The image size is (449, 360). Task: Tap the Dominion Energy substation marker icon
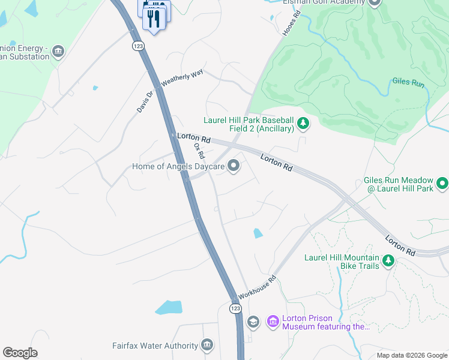(x=58, y=50)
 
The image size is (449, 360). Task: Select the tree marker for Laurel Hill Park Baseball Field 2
(x=304, y=124)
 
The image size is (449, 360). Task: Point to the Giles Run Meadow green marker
(x=443, y=183)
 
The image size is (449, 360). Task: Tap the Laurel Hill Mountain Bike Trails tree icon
(x=388, y=260)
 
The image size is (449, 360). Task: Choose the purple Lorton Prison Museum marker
(x=273, y=322)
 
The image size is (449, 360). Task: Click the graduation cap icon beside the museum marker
(x=253, y=322)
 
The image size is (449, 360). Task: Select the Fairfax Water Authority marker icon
(x=207, y=345)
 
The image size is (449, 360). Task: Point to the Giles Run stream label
(x=408, y=83)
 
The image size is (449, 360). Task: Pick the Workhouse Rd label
(x=256, y=287)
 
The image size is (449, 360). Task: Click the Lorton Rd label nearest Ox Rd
(x=194, y=138)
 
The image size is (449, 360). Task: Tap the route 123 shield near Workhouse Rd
(x=235, y=308)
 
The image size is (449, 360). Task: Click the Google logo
(x=20, y=352)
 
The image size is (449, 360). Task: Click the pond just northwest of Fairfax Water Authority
(x=169, y=308)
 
